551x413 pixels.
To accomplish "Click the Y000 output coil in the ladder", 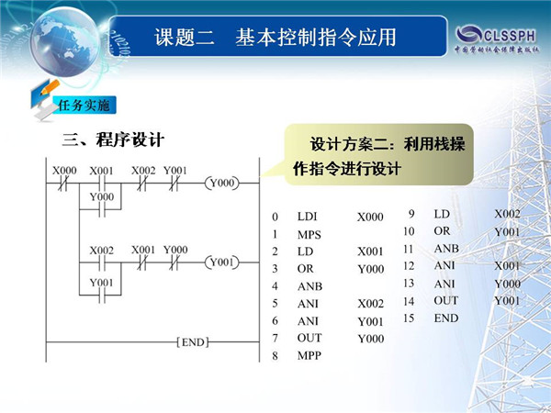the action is coord(221,183).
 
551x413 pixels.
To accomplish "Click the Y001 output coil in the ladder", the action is coord(221,262).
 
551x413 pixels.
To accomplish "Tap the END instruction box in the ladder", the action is coord(193,342).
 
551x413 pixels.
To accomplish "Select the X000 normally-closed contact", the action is coord(62,183).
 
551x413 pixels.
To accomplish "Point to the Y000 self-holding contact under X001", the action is coord(102,209).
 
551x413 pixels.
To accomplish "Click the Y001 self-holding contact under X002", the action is coord(102,295).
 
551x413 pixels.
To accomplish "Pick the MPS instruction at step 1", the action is coord(309,235).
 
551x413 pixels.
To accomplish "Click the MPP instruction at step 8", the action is coord(309,356).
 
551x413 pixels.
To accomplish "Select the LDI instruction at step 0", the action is coord(307,217).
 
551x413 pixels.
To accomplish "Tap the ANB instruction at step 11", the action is coord(446,249).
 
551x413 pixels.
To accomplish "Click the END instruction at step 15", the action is coord(446,318).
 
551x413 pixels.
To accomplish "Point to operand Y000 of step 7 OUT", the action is coord(371,339).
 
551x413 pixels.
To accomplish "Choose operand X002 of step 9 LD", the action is coord(507,214).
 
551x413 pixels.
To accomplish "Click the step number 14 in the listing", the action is coord(409,301).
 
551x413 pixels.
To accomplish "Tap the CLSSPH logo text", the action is coord(510,36).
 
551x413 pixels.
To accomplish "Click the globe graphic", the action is coord(65,41).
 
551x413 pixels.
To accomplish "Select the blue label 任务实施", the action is coord(84,105).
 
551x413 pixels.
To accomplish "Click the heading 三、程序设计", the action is coord(113,140).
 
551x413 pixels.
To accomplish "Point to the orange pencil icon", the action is coord(50,87).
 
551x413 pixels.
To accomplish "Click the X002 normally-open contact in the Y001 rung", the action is coord(102,262).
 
